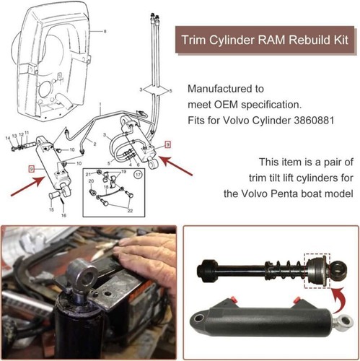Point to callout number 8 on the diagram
pyautogui.click(x=105, y=32)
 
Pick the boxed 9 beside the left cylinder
pyautogui.click(x=31, y=168)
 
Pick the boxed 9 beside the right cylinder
pyautogui.click(x=167, y=144)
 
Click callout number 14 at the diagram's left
pyautogui.click(x=8, y=137)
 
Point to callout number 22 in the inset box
pyautogui.click(x=130, y=209)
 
